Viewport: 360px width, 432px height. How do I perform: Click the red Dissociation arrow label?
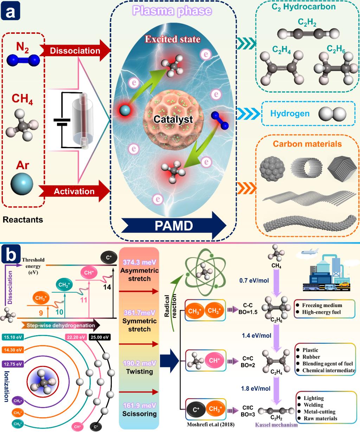click(75, 51)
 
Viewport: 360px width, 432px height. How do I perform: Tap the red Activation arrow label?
click(74, 191)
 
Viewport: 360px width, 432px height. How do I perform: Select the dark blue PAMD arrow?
click(174, 225)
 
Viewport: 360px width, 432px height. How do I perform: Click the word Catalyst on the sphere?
click(173, 120)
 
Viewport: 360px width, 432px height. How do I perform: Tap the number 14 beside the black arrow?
click(107, 287)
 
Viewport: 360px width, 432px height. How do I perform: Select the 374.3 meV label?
click(139, 262)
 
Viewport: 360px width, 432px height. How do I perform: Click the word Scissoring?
click(139, 414)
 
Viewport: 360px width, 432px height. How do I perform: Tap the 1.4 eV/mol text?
click(256, 335)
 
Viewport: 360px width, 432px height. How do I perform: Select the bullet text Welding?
click(314, 405)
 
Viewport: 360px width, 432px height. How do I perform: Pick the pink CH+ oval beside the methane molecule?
click(214, 361)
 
